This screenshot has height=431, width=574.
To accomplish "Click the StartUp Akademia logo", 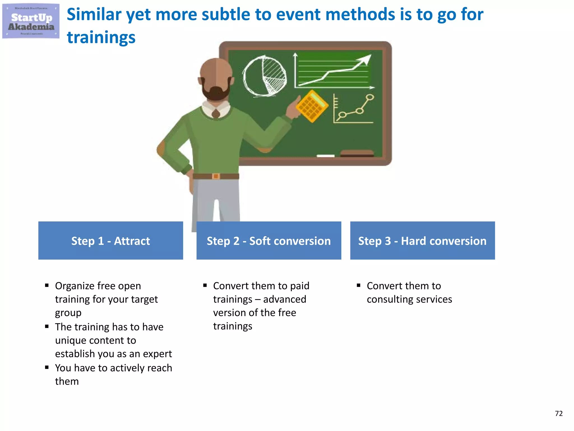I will click(x=31, y=21).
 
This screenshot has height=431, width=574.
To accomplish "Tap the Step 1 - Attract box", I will click(x=110, y=240).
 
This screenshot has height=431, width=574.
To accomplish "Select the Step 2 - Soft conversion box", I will click(x=269, y=240).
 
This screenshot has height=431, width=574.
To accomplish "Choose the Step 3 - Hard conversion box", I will click(x=422, y=240).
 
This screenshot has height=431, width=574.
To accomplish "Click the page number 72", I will click(x=559, y=413).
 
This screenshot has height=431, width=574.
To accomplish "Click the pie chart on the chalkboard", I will click(x=265, y=76).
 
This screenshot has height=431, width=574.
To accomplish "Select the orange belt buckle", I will click(x=216, y=176).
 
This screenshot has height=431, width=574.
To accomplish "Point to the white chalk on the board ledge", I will click(x=325, y=156).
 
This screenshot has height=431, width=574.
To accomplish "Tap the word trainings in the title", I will click(x=101, y=38).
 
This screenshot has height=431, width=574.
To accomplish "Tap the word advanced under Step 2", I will click(x=284, y=299).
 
